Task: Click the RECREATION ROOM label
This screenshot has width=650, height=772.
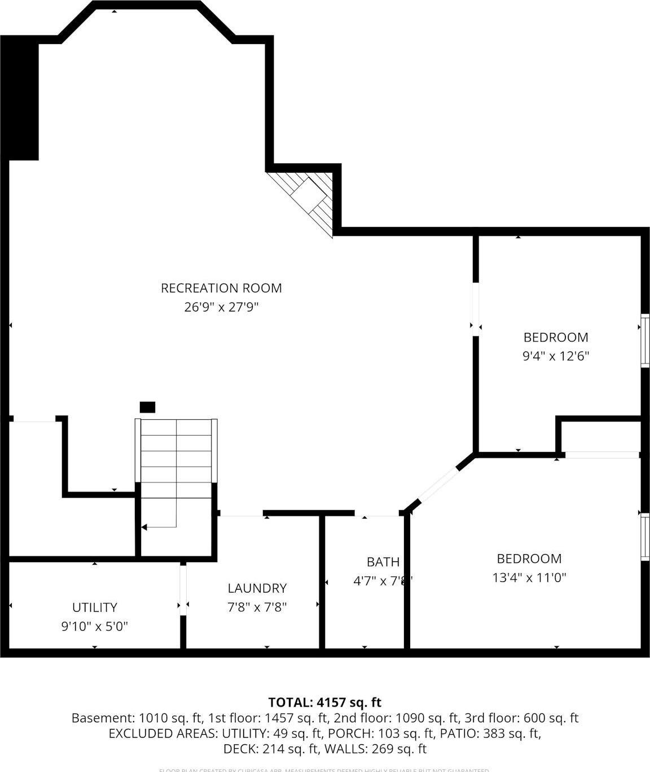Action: tap(221, 288)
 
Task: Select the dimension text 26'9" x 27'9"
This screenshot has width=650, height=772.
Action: tap(221, 307)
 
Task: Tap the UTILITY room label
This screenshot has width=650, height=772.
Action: tap(95, 607)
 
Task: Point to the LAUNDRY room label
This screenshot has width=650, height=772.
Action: tap(257, 588)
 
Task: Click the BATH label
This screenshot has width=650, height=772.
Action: tap(383, 562)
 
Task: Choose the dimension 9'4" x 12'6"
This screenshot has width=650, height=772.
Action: tap(556, 356)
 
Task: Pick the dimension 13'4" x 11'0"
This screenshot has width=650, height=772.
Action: tap(529, 577)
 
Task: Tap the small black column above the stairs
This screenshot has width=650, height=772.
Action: tap(147, 407)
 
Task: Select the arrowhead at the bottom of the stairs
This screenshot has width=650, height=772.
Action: tap(144, 527)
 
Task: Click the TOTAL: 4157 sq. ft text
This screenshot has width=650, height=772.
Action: tap(324, 703)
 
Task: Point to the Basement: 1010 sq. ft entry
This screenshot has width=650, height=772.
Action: tap(137, 718)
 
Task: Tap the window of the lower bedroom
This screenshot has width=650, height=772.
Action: tap(644, 536)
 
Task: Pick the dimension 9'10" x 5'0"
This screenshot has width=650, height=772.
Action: tap(95, 626)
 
